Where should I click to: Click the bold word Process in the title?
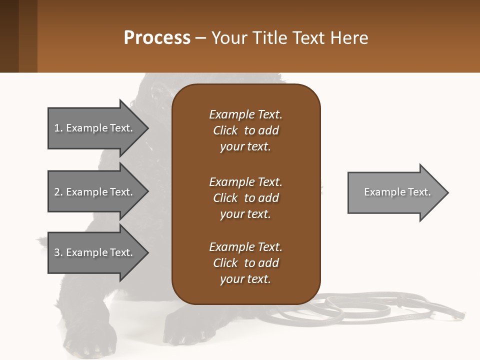[x=157, y=38]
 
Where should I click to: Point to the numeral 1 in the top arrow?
[x=56, y=128]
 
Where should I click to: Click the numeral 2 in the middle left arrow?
[x=57, y=192]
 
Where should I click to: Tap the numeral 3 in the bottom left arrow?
[x=57, y=252]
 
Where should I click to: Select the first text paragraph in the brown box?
[x=245, y=130]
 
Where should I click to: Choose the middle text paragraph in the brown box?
[x=245, y=198]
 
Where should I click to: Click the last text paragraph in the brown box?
[x=245, y=263]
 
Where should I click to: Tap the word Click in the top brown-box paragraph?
[x=225, y=130]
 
